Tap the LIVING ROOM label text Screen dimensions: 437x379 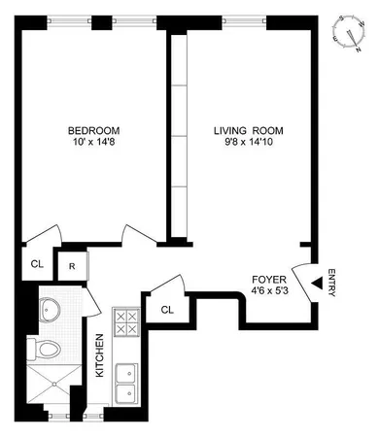(x=244, y=131)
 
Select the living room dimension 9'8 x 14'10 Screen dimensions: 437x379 (x=244, y=145)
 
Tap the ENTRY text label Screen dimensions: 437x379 (x=332, y=282)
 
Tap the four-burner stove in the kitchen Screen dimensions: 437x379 (x=126, y=325)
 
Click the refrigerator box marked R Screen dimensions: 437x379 (x=72, y=263)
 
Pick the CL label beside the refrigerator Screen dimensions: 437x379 (x=36, y=262)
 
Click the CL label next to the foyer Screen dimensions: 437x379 (x=167, y=310)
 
